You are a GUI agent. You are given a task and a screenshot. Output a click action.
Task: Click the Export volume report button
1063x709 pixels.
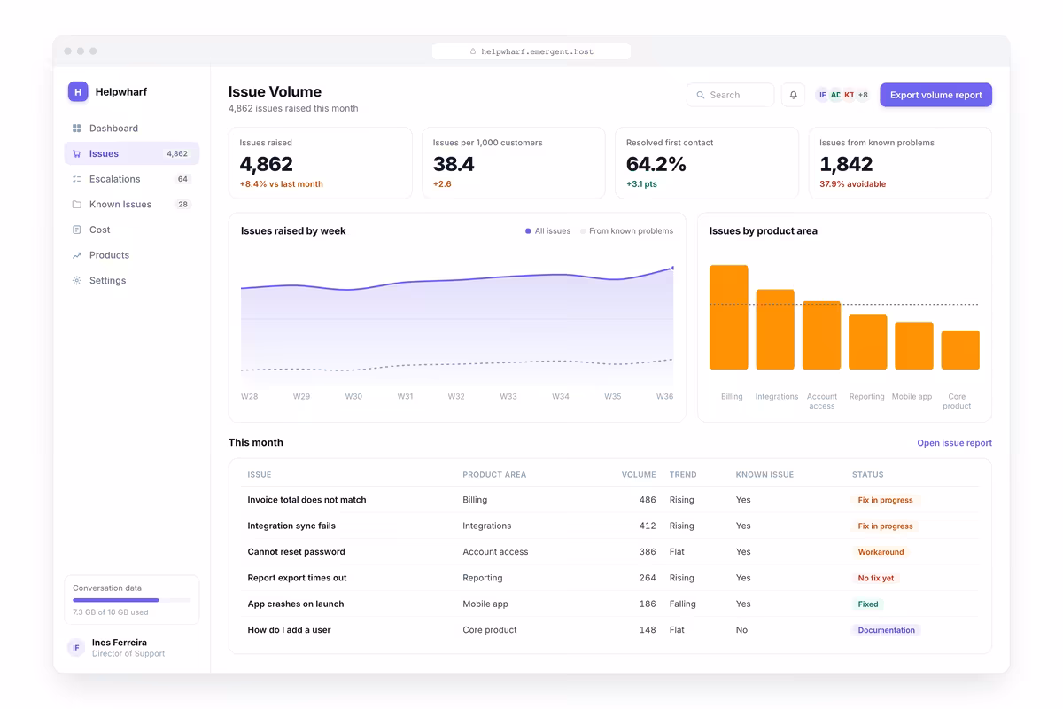tap(935, 95)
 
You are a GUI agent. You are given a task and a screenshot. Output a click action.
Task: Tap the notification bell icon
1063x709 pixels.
tap(793, 95)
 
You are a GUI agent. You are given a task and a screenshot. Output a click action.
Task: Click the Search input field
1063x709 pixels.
tap(730, 95)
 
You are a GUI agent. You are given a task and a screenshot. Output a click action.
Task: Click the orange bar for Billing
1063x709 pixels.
tap(728, 317)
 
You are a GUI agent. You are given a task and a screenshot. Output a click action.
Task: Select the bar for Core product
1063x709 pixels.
tap(960, 350)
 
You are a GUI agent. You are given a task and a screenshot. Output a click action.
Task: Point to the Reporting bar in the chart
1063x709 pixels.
tap(867, 342)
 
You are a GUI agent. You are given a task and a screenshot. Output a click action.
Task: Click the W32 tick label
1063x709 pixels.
tap(456, 396)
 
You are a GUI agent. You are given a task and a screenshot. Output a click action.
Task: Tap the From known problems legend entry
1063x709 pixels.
tap(626, 230)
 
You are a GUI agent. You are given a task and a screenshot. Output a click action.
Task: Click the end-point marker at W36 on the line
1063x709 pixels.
tap(672, 269)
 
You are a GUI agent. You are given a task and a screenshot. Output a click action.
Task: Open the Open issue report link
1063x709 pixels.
tap(954, 442)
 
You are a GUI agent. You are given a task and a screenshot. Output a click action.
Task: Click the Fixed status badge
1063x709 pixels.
tap(868, 604)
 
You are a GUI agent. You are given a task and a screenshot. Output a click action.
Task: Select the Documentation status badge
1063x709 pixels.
tap(886, 630)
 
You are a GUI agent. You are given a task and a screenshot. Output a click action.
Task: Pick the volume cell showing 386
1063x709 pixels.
tap(648, 552)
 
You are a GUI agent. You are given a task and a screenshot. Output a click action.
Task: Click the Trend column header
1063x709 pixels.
tap(683, 474)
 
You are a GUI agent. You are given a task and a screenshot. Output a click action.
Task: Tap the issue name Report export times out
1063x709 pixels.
tap(297, 578)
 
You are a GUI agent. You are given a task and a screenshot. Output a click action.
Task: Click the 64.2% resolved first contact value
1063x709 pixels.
tap(656, 164)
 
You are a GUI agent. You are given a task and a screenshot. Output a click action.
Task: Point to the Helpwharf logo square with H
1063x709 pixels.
tap(78, 91)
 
